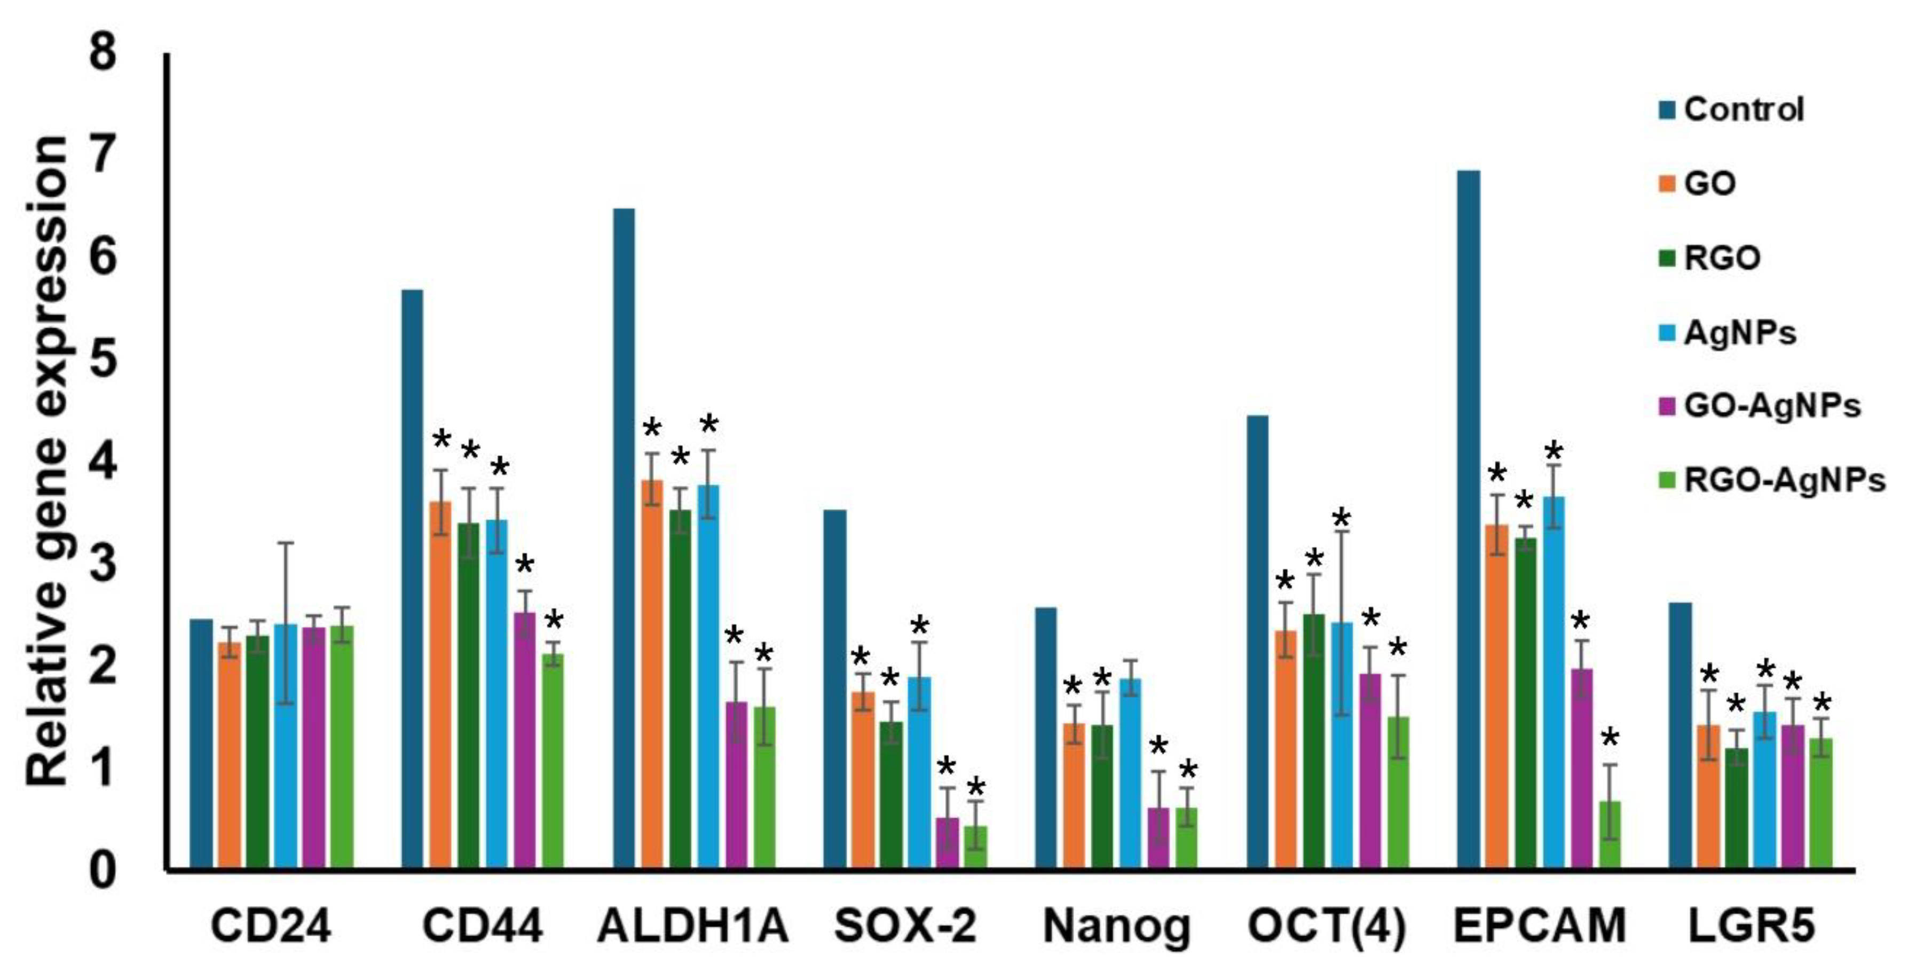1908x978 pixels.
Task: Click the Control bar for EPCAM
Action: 1469,519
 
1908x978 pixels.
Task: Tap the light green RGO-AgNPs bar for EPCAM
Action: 1610,834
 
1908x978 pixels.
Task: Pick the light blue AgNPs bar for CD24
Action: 286,745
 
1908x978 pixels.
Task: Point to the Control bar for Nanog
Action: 1046,737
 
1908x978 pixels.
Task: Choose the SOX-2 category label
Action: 905,926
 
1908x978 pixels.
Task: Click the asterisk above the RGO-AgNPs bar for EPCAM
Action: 1610,738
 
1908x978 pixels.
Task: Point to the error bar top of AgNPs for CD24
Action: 286,543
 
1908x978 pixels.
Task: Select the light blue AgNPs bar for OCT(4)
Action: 1342,745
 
